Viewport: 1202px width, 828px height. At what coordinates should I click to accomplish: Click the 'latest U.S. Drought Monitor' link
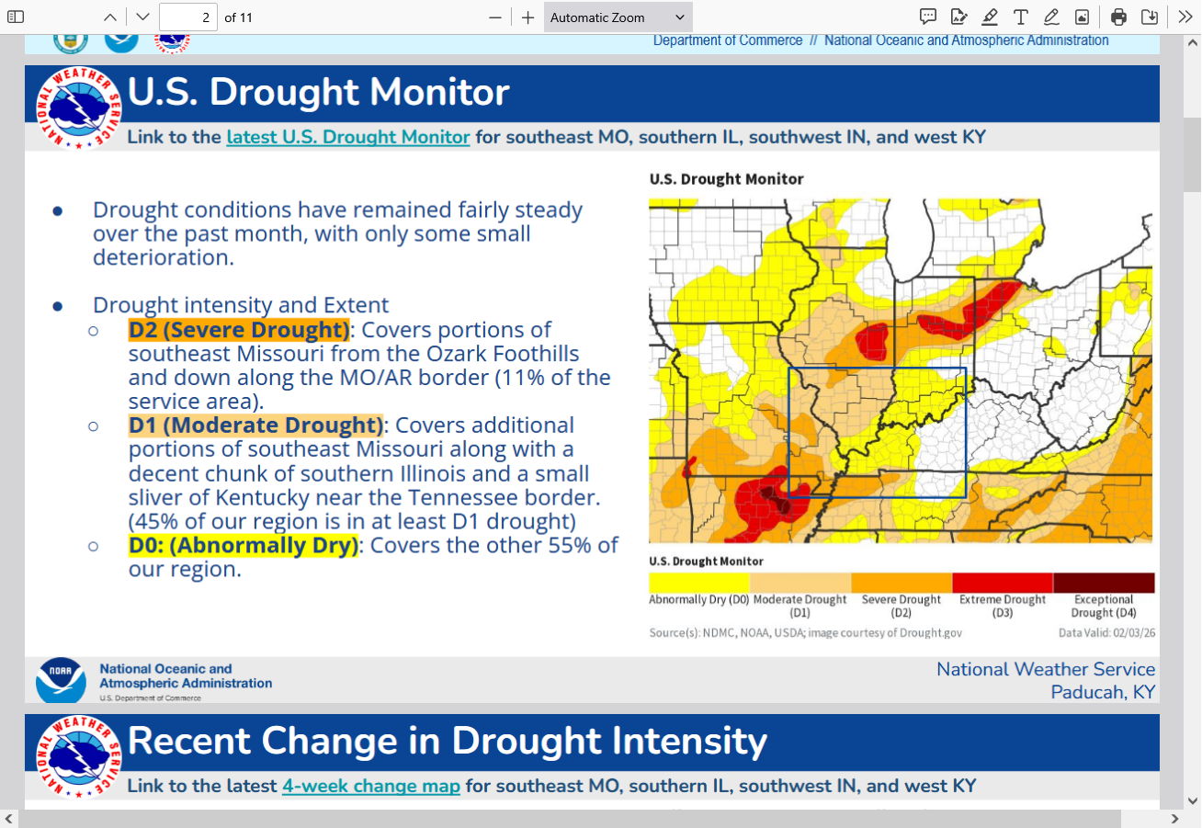(x=348, y=137)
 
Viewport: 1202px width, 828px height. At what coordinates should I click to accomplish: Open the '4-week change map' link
(x=370, y=786)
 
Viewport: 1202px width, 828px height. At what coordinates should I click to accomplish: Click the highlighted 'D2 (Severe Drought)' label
(x=239, y=330)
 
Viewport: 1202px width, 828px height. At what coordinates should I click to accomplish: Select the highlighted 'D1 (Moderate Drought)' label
(x=255, y=425)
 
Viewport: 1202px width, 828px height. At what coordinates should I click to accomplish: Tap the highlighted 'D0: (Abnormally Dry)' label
(x=243, y=545)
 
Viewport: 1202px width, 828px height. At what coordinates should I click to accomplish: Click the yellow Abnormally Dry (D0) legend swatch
(x=699, y=583)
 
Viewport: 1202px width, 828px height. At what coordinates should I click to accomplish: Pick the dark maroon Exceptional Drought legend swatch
(x=1103, y=583)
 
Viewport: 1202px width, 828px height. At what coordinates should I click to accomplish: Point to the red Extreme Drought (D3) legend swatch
(x=1002, y=583)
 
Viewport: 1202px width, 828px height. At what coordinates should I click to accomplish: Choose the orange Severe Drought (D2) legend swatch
(x=901, y=583)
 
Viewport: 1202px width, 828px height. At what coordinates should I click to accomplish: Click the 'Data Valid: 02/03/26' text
(x=1106, y=632)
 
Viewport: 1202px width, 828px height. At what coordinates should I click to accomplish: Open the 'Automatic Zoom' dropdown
(x=618, y=17)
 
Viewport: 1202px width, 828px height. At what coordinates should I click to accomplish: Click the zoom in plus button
(x=527, y=17)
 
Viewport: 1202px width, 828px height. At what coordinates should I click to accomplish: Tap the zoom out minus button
(x=495, y=17)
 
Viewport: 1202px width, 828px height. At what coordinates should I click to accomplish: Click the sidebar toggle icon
(x=16, y=17)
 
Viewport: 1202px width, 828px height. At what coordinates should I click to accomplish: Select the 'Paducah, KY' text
(x=1103, y=692)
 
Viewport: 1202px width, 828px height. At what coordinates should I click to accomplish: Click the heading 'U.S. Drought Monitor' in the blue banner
(x=318, y=93)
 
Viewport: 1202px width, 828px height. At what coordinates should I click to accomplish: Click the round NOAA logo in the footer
(x=61, y=681)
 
